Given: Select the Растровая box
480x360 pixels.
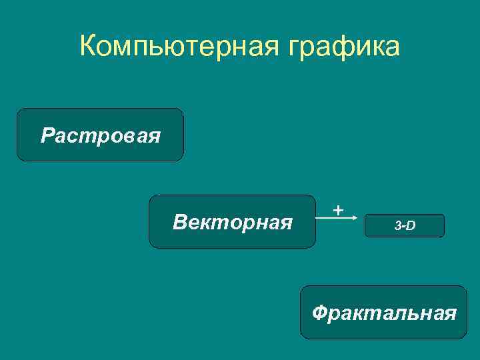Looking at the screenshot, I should click(x=100, y=135).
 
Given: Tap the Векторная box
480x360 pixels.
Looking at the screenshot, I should click(x=232, y=222).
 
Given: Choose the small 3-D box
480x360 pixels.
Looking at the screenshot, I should click(x=404, y=226).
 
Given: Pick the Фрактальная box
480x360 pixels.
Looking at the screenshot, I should click(x=383, y=313).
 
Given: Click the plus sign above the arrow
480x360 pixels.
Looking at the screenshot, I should click(x=339, y=210).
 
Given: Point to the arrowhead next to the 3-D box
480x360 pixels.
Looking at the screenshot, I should click(x=360, y=218).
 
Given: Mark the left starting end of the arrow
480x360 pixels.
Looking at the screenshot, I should click(x=317, y=218).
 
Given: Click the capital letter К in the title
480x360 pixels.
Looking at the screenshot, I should click(x=88, y=47).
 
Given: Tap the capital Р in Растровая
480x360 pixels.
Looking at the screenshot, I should click(x=47, y=135).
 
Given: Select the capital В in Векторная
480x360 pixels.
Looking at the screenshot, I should click(x=179, y=221).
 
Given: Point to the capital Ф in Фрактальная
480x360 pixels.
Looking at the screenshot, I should click(x=319, y=312).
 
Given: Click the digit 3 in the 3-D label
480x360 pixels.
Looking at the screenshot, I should click(x=397, y=226).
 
